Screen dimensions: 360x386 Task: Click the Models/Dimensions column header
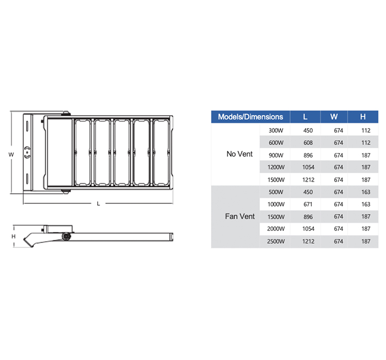point(251,117)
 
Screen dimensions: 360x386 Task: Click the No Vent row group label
point(239,154)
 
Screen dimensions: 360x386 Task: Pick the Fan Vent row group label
point(240,217)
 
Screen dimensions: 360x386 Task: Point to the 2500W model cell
point(276,241)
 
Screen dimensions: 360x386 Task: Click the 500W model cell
point(276,192)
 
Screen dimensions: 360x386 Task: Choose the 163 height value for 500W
point(366,192)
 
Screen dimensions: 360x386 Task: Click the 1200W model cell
point(276,167)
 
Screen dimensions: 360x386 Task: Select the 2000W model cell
point(276,229)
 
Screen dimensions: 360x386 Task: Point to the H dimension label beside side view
point(14,236)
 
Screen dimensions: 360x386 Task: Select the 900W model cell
point(276,155)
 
